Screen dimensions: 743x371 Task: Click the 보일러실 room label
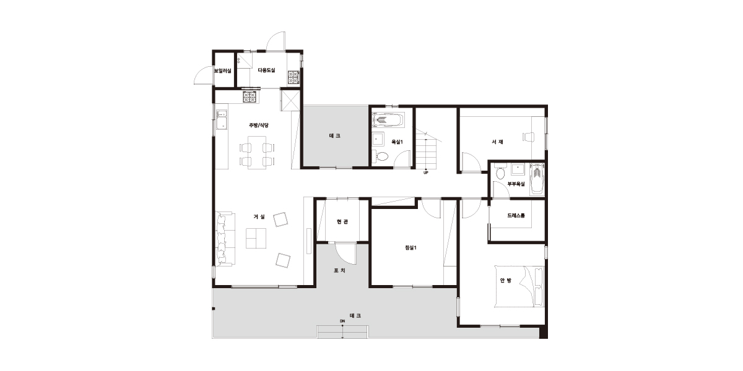222,71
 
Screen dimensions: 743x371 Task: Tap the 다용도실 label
267,70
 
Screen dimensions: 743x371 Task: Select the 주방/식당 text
259,125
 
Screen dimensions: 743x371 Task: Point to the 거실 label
259,216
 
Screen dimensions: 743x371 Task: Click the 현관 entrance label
342,221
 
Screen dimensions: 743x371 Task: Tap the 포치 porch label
340,271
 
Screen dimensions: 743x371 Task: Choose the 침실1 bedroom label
411,247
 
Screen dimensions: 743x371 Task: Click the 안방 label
505,281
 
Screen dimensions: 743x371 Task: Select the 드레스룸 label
516,216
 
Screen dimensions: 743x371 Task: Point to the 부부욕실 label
516,184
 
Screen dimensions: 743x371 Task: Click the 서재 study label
498,142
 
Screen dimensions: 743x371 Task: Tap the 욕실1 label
397,142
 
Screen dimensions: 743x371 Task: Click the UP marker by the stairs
426,173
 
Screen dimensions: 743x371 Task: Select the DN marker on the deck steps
342,321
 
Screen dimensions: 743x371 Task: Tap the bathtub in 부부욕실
537,179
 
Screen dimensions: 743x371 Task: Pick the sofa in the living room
225,239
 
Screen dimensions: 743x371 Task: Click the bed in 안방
519,286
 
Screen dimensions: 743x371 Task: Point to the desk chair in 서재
529,137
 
